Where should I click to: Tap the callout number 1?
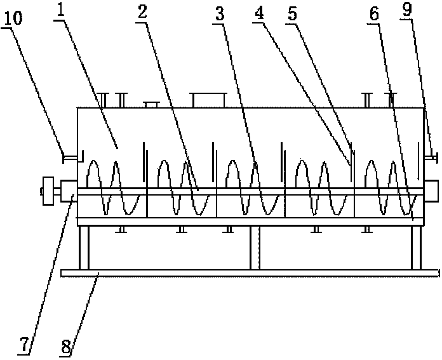pos(60,10)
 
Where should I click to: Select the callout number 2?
pos(143,12)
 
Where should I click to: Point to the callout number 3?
pos(220,14)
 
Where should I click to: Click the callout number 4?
pos(259,13)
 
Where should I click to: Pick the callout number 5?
pos(293,14)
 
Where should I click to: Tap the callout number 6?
pos(375,14)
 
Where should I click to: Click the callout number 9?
pos(407,10)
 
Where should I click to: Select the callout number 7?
pos(24,345)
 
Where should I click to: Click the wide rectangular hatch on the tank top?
pos(208,100)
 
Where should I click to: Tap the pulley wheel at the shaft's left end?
pos(48,191)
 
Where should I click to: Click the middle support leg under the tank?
pos(255,248)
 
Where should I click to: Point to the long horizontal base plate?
pos(250,273)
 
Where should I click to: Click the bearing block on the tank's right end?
pos(431,191)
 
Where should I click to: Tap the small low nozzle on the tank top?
pos(151,105)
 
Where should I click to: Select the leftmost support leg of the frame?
pos(84,248)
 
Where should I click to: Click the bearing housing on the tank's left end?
pos(69,191)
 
